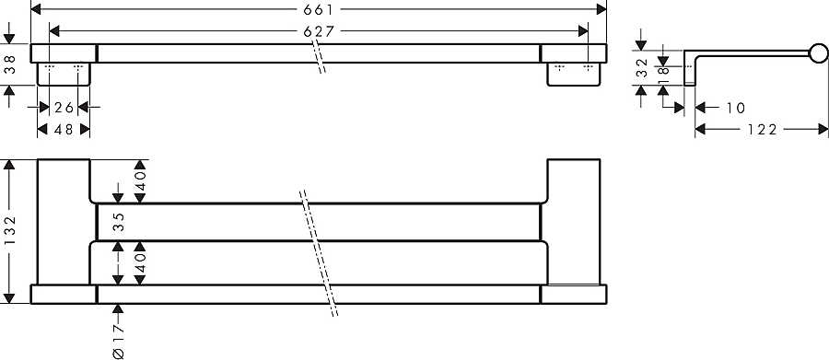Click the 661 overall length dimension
(318, 9)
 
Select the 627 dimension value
(319, 31)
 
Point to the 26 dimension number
(64, 108)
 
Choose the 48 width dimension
(64, 129)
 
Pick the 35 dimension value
(119, 223)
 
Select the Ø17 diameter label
(119, 342)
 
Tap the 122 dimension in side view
(762, 129)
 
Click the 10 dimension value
(735, 108)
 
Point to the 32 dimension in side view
(641, 67)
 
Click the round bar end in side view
(819, 54)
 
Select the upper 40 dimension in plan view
(140, 181)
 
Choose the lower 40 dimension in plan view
(140, 262)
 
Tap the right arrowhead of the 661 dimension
(601, 9)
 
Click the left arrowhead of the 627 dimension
(54, 31)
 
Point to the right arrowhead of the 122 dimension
(823, 129)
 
